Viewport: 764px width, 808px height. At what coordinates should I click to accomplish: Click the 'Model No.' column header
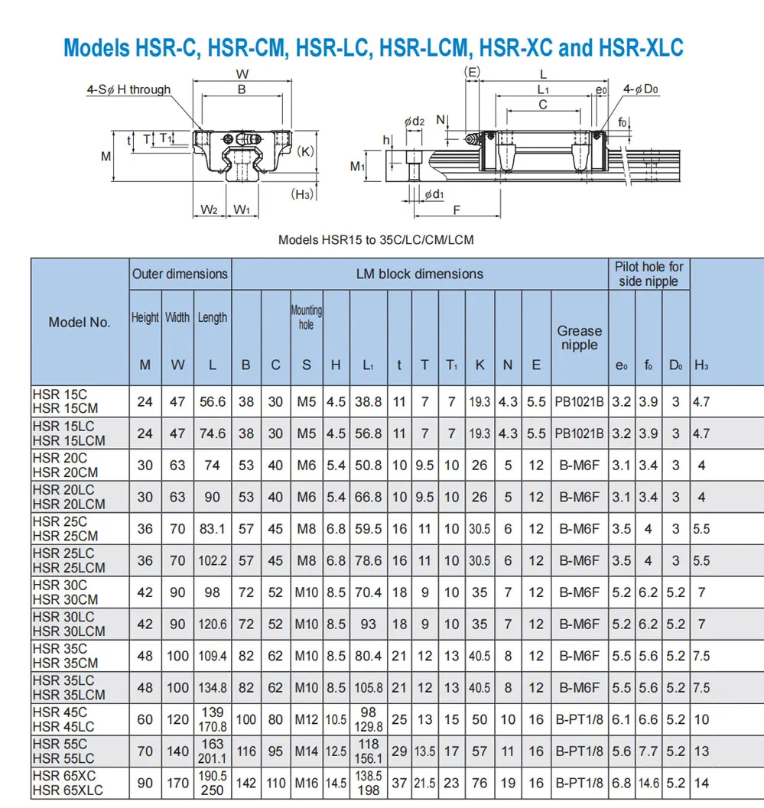80,322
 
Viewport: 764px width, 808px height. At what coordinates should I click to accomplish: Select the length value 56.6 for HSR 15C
212,401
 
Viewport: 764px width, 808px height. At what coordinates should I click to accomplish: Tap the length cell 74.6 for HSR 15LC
212,433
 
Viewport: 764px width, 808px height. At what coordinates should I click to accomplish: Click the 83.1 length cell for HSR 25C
212,528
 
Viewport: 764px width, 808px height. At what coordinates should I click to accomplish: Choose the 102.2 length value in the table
212,560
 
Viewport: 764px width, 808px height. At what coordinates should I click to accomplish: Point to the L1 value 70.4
368,592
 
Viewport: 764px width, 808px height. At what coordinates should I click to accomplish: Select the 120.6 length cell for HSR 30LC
212,624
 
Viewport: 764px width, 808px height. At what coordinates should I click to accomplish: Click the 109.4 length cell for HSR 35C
212,656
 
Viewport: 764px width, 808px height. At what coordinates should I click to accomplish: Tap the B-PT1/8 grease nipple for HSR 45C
579,719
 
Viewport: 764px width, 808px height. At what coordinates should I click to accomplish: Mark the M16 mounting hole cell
306,783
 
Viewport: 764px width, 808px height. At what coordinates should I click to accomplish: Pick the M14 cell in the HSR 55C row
306,751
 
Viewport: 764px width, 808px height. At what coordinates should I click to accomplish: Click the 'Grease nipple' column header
579,338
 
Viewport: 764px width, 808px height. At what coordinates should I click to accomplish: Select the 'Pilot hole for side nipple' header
649,274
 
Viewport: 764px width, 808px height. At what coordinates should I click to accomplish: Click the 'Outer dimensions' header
180,274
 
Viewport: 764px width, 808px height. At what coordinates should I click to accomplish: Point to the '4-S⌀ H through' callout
128,89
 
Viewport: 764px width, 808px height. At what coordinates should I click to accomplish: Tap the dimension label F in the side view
457,209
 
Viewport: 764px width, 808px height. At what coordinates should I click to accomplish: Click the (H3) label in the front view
303,194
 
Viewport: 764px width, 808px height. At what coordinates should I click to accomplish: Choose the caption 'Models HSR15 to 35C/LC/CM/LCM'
375,239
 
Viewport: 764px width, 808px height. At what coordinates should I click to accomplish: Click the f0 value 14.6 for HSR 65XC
649,783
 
